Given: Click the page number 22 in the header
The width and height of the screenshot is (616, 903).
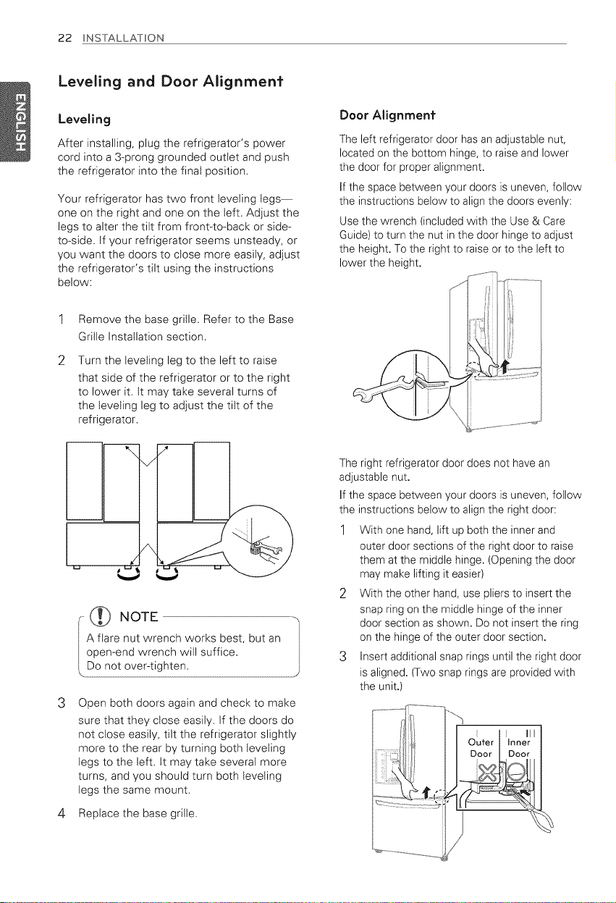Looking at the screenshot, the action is [x=65, y=38].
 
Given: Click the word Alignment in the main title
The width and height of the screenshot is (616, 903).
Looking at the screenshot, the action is [x=242, y=81].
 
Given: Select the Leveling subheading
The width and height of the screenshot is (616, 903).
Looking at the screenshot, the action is [x=84, y=119].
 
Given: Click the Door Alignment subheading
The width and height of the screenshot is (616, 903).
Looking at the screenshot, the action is [x=387, y=115].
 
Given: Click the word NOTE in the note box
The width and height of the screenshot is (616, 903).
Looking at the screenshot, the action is [x=139, y=616].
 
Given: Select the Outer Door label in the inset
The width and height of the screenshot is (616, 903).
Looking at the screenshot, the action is [x=481, y=748].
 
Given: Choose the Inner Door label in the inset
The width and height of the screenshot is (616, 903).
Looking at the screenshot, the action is [x=519, y=748].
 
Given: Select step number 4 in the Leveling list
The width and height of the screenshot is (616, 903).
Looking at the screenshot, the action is [x=62, y=813].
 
